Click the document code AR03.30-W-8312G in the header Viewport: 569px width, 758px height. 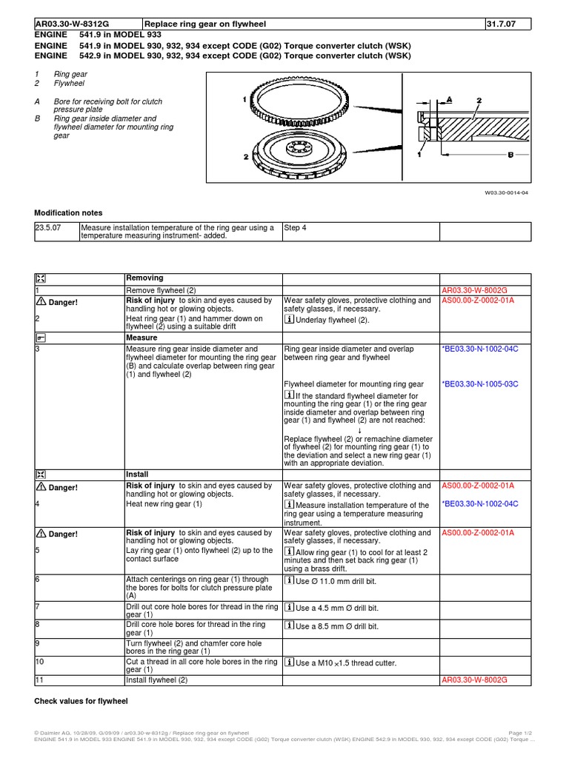[x=73, y=24]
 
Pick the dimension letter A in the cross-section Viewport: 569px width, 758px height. [x=450, y=99]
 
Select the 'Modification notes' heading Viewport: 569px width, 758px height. [x=68, y=212]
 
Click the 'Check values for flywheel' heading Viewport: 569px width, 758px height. [x=81, y=701]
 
